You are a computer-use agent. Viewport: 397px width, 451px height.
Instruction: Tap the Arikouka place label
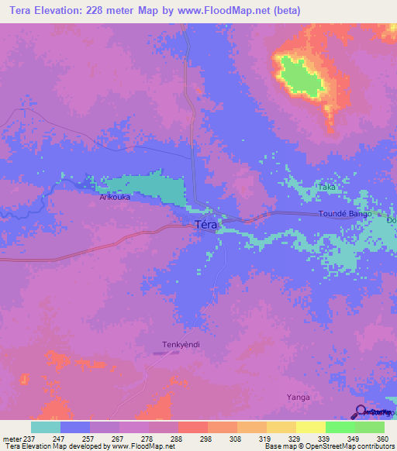coord(115,198)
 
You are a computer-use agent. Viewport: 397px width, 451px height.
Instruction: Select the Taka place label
coord(328,188)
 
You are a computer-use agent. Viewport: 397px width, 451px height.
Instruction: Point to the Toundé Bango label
coord(345,213)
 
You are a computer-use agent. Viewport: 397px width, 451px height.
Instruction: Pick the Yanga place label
coord(299,398)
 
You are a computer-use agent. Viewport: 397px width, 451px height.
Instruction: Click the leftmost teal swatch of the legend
coord(46,427)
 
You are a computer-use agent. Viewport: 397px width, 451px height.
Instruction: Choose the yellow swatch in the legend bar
coord(310,427)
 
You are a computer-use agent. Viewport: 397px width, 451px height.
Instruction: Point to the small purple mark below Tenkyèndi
coord(164,353)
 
